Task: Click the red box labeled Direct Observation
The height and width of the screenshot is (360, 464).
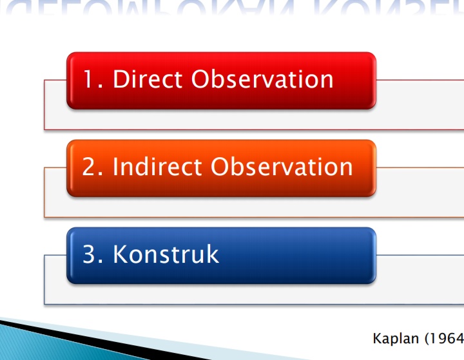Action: point(220,81)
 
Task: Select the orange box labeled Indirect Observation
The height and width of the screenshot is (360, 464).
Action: point(220,168)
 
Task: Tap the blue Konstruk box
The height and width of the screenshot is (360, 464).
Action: point(220,256)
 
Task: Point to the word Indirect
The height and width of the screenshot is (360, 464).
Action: point(158,167)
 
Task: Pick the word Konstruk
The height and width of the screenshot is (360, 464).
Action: point(166,254)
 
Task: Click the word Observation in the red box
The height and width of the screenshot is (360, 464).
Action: point(263,79)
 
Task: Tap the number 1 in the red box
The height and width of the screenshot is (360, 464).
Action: point(88,79)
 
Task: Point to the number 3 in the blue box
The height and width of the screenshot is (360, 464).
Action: point(89,254)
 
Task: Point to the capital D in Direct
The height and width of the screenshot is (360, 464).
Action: point(121,79)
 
